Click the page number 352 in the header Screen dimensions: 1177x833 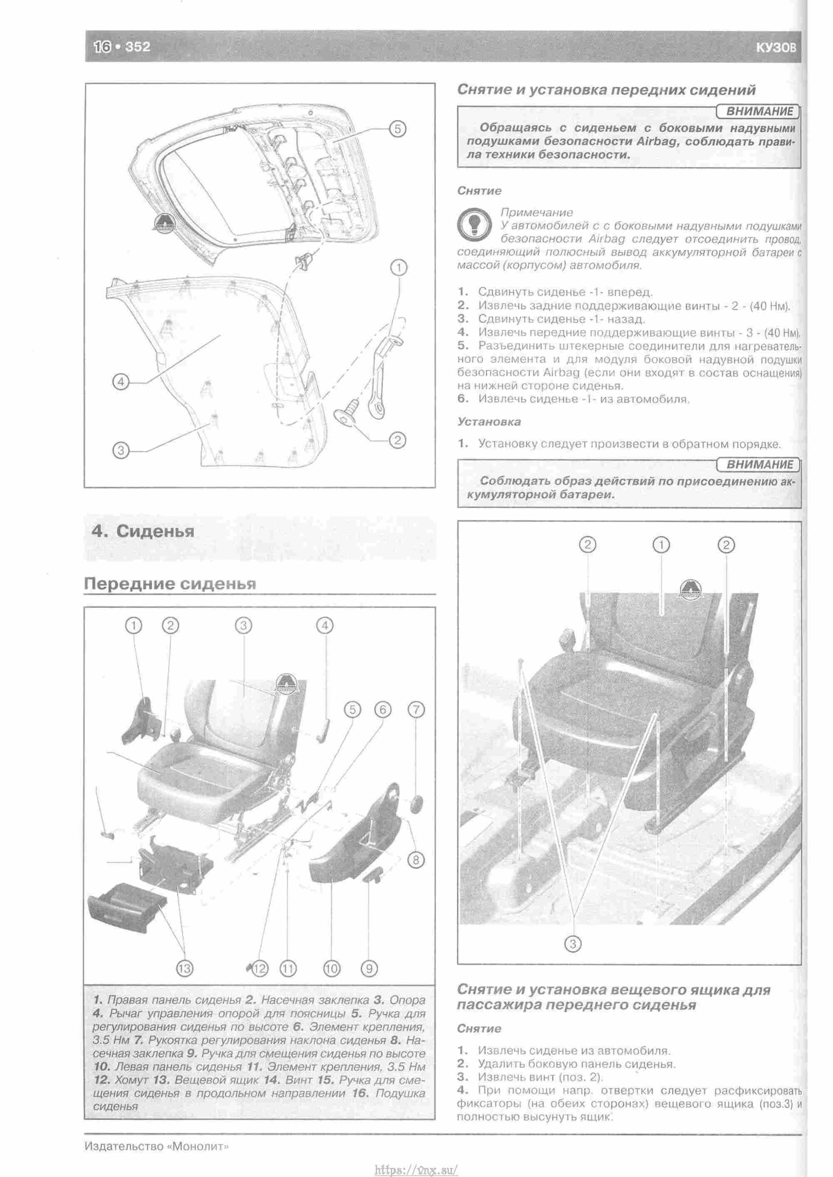137,47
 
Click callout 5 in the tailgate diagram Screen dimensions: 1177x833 397,129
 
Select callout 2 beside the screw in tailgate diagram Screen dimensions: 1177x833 397,440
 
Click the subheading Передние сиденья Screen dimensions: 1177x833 170,584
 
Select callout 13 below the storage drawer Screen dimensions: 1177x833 184,968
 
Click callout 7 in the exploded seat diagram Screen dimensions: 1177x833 416,710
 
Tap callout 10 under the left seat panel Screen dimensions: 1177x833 332,968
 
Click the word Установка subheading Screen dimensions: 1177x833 489,422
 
